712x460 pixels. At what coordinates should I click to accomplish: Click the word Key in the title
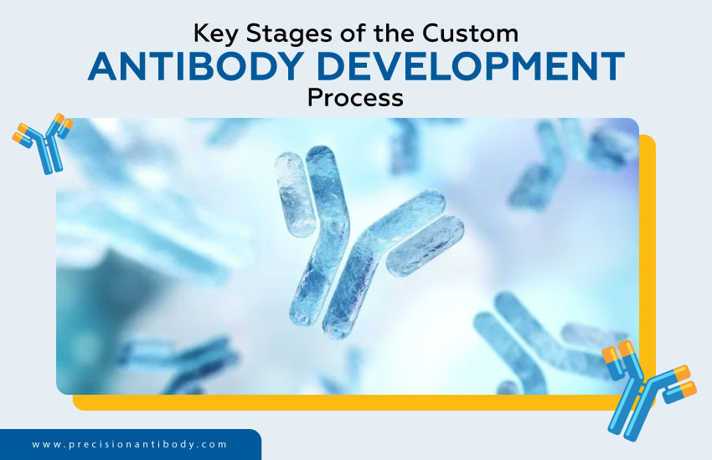pos(216,34)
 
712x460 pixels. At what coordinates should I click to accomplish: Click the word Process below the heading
pos(355,98)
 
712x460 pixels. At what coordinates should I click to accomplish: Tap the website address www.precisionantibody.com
pos(130,444)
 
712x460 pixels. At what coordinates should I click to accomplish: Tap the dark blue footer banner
pos(126,445)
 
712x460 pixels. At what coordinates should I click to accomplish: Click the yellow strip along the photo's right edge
pos(647,251)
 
